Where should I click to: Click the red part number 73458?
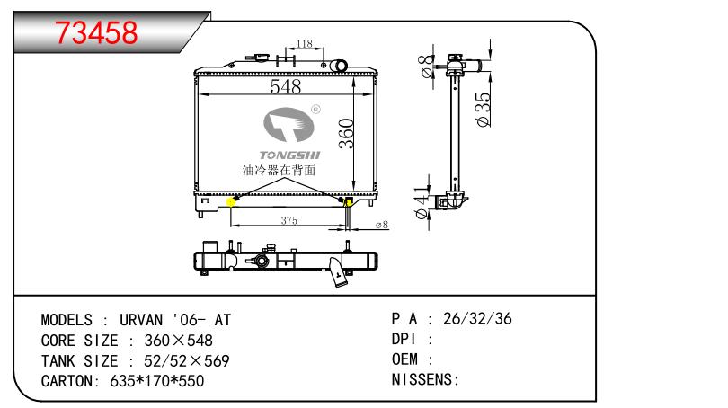[96, 32]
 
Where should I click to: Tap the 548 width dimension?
[286, 86]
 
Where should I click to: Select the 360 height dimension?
[346, 134]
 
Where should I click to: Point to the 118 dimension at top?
[304, 44]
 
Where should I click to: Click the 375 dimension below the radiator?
[289, 220]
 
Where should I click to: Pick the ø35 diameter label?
[483, 110]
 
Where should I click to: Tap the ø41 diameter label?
[422, 202]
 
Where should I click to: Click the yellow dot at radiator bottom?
[231, 202]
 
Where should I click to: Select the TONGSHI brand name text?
[289, 155]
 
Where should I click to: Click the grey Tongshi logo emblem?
[289, 124]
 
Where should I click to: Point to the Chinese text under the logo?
[279, 171]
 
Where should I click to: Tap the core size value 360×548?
[178, 341]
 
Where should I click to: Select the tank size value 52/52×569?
[187, 360]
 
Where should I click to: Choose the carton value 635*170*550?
[157, 381]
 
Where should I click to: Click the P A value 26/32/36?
[477, 318]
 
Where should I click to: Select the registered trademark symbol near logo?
[315, 110]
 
